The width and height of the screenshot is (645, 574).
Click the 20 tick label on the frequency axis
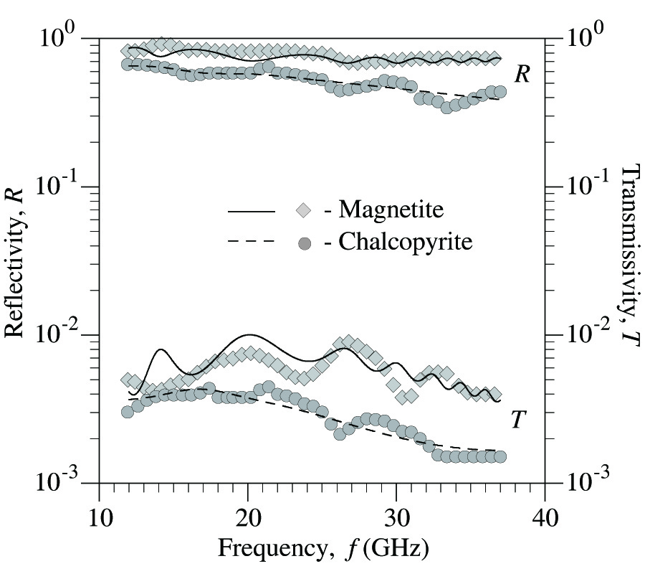click(248, 517)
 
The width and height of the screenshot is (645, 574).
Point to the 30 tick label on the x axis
click(396, 517)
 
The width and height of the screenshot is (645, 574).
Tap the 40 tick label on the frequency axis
click(545, 517)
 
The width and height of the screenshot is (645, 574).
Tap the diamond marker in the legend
click(303, 210)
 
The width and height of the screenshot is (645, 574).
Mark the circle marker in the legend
click(303, 243)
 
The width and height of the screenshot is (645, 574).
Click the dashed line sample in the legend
click(252, 243)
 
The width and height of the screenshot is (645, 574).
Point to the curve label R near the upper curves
click(522, 75)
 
